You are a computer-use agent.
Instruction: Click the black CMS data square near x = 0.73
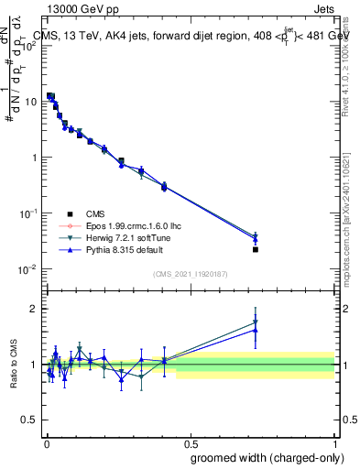point(256,249)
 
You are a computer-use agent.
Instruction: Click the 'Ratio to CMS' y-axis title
point(14,365)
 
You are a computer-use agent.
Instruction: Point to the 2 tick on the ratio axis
point(34,309)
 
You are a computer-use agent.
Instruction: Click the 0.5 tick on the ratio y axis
point(29,420)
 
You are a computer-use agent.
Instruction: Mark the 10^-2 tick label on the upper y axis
point(27,268)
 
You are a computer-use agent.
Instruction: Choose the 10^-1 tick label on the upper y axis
point(27,213)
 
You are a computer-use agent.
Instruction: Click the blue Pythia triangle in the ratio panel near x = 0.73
point(256,330)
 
